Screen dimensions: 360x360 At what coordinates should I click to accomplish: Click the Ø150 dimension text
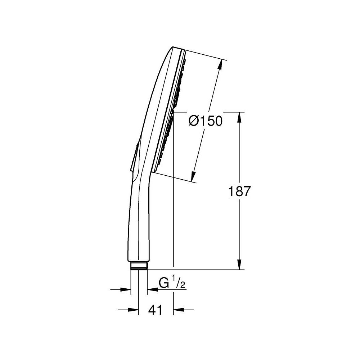(x=206, y=121)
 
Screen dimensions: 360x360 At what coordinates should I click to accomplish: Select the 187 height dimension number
(x=239, y=191)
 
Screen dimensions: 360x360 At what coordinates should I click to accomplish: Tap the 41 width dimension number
(x=155, y=310)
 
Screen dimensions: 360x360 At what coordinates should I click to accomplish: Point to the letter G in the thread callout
(x=164, y=284)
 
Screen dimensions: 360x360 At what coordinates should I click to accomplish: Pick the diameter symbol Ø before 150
(x=194, y=121)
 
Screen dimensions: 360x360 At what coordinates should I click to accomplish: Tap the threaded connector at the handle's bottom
(x=139, y=266)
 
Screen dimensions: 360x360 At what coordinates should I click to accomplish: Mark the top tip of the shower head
(x=174, y=48)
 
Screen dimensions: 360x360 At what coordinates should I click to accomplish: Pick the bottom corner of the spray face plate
(x=154, y=172)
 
